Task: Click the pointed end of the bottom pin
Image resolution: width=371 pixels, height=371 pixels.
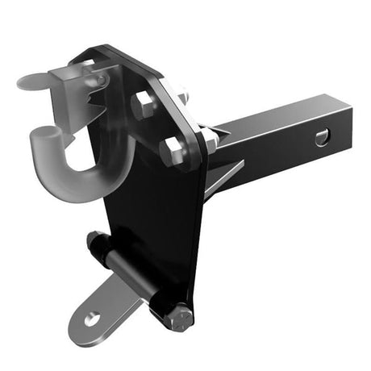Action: tap(91, 239)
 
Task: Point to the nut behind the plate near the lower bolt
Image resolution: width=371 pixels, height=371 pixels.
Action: tap(211, 140)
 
